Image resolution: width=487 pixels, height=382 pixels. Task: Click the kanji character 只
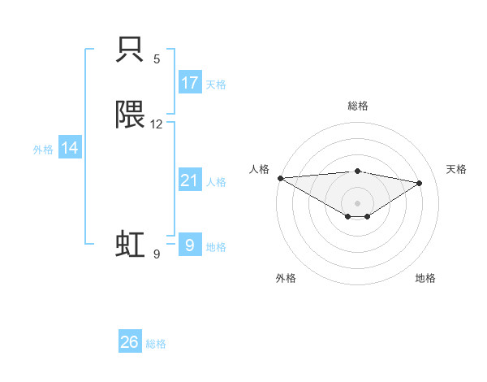click(x=131, y=51)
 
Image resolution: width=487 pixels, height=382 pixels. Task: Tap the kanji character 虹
click(x=131, y=244)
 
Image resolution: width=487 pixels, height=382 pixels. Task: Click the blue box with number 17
click(x=189, y=83)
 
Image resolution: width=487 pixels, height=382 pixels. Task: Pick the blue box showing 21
click(x=189, y=180)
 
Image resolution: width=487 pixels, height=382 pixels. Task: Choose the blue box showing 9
click(x=189, y=244)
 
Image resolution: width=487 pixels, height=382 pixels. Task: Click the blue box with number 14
click(x=70, y=148)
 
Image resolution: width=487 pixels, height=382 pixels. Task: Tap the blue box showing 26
click(x=130, y=342)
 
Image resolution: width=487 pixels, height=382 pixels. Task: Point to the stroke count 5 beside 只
click(x=157, y=59)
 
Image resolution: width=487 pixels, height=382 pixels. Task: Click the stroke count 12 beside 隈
click(x=157, y=124)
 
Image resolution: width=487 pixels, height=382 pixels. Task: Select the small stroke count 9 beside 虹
click(x=157, y=254)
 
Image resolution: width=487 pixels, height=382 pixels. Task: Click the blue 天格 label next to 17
click(x=216, y=84)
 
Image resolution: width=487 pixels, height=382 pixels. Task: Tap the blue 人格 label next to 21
click(x=216, y=181)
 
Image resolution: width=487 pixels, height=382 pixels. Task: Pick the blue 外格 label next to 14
click(x=43, y=149)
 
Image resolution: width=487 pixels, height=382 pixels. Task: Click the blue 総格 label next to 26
click(x=156, y=343)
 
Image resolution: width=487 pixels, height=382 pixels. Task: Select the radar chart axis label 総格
click(x=358, y=106)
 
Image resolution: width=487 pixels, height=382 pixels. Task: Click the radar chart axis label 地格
click(x=425, y=278)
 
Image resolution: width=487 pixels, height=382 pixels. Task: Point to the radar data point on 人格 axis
click(x=280, y=177)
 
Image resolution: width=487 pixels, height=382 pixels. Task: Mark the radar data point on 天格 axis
click(x=420, y=183)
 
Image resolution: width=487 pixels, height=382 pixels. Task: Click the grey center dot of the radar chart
click(x=357, y=202)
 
